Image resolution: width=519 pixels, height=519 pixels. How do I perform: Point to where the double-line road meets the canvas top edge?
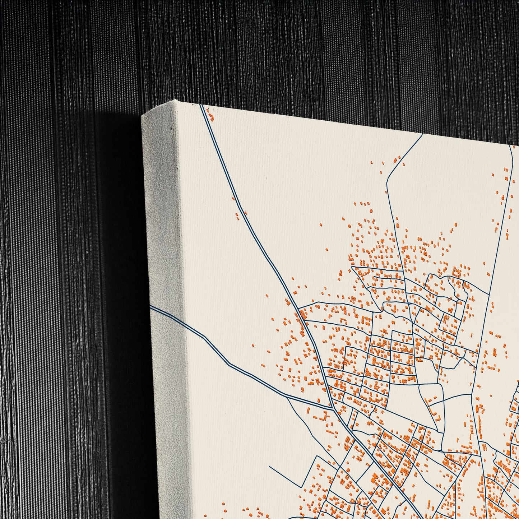(x=201, y=105)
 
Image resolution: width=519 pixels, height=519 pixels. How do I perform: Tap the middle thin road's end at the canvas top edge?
(x=422, y=134)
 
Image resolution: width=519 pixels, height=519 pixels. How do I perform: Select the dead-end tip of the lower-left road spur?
(x=270, y=467)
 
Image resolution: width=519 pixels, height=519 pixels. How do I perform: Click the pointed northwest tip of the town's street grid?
(x=352, y=267)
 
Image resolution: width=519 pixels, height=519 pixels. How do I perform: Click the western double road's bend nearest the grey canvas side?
(x=205, y=338)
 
